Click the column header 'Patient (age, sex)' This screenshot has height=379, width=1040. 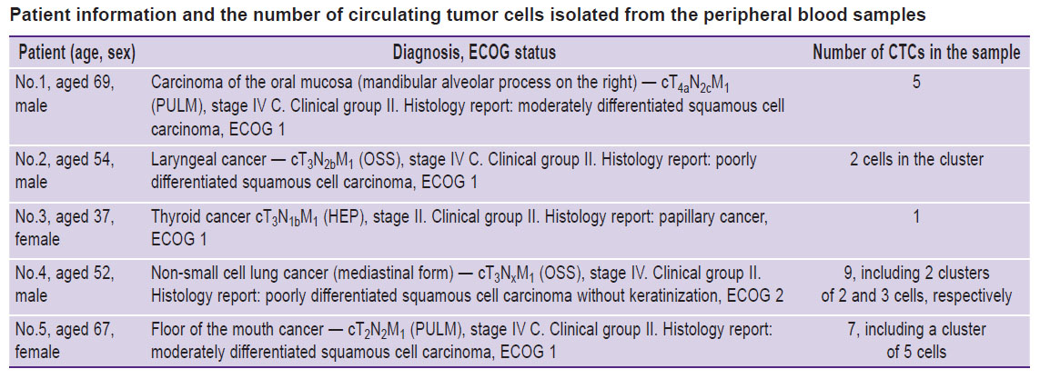tap(77, 53)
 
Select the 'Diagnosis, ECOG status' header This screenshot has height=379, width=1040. tap(474, 53)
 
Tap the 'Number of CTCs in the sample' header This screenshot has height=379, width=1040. tap(916, 53)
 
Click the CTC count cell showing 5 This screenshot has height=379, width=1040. tap(916, 85)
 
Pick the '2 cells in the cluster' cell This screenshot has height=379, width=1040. tap(916, 161)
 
